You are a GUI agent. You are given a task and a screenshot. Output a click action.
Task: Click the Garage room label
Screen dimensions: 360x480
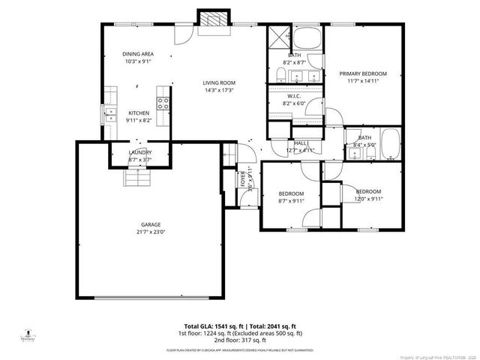tap(151, 224)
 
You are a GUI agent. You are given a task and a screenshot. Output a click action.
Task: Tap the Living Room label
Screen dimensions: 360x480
tap(220, 82)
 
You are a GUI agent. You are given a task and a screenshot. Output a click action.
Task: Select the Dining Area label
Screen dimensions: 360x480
tap(138, 54)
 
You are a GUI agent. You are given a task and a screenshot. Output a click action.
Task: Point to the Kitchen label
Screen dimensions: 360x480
tap(138, 112)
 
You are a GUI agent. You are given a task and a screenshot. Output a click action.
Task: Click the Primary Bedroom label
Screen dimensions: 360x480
tap(363, 73)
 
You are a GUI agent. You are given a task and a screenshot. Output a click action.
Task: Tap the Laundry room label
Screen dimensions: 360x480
tap(140, 152)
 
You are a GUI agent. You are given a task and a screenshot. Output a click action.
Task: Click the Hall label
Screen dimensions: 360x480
tap(301, 142)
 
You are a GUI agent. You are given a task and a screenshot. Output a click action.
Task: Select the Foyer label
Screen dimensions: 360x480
tap(243, 180)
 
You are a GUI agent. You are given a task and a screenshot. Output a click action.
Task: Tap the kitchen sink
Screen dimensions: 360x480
tap(110, 115)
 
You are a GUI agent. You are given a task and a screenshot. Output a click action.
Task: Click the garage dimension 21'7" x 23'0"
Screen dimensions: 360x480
tap(151, 232)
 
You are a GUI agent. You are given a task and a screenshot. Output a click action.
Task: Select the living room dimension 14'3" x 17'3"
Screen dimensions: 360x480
tap(220, 90)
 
